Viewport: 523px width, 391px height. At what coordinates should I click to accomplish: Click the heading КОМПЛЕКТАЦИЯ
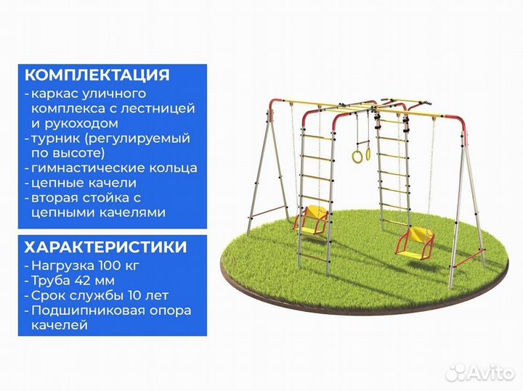pos(97,75)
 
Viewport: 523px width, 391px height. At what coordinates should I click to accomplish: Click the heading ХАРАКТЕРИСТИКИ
pos(105,247)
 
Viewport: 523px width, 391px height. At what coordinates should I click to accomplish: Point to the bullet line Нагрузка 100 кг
pos(86,266)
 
